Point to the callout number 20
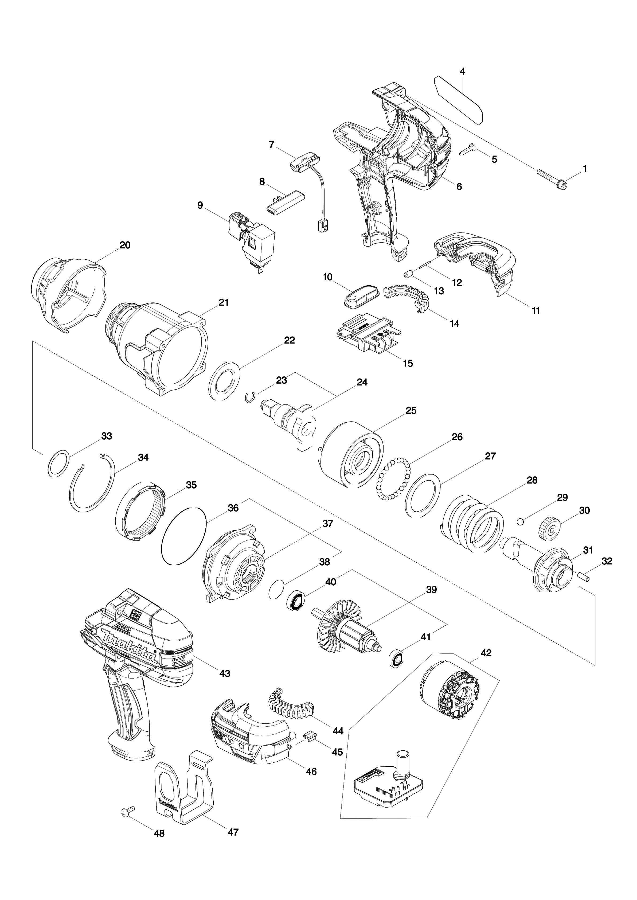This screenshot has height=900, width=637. click(125, 245)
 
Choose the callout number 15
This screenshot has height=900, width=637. click(408, 363)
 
